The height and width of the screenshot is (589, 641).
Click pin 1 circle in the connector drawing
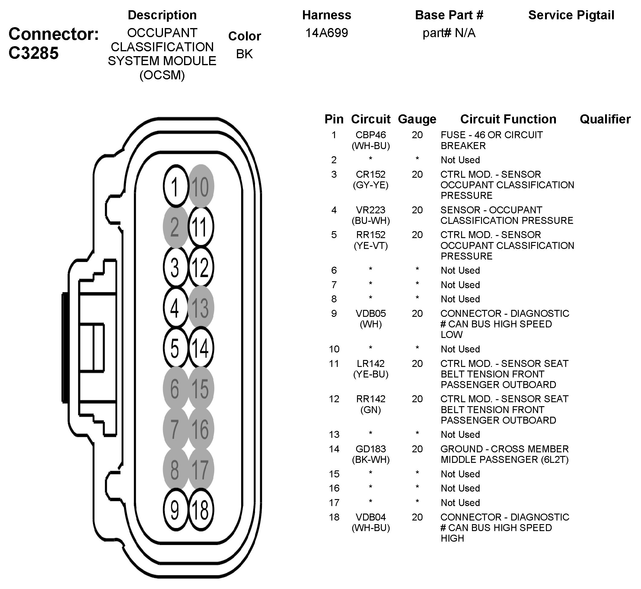(175, 186)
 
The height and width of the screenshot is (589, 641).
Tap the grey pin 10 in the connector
(201, 186)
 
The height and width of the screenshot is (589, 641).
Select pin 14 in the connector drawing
(201, 348)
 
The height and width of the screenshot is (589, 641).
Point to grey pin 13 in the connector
(201, 308)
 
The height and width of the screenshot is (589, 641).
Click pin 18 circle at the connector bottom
(201, 510)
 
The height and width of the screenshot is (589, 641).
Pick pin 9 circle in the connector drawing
(175, 510)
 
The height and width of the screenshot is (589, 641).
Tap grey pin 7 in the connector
(175, 429)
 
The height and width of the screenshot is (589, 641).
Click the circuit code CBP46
(371, 135)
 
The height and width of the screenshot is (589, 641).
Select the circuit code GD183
(371, 449)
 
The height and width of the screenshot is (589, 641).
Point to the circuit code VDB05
(371, 313)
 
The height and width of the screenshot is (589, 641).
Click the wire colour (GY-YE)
(371, 185)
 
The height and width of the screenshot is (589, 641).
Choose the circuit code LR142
(371, 363)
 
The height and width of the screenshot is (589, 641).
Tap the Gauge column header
(417, 119)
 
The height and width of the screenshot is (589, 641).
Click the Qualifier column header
(605, 119)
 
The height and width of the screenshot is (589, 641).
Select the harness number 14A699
(327, 33)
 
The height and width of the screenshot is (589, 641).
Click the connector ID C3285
(33, 53)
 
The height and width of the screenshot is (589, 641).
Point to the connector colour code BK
(244, 54)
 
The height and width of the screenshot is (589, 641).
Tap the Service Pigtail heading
(571, 15)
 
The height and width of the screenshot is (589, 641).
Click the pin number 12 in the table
(334, 399)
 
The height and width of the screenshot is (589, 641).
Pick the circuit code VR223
(371, 210)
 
